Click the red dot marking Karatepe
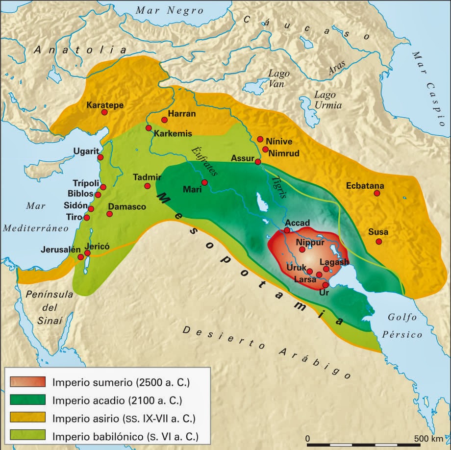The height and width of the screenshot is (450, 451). (x=104, y=112)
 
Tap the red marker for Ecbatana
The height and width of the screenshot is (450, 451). (x=377, y=194)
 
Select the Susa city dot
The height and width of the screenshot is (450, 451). (x=378, y=241)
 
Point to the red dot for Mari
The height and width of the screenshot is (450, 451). (x=204, y=182)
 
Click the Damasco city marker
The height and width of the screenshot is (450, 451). (x=109, y=214)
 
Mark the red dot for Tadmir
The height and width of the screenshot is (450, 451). (x=147, y=186)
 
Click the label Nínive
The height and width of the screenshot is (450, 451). (x=280, y=140)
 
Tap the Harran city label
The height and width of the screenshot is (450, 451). (x=182, y=114)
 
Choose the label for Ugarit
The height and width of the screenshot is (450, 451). (x=86, y=150)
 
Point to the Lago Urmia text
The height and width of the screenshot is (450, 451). (x=328, y=100)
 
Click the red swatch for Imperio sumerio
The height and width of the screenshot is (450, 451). (x=27, y=381)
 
